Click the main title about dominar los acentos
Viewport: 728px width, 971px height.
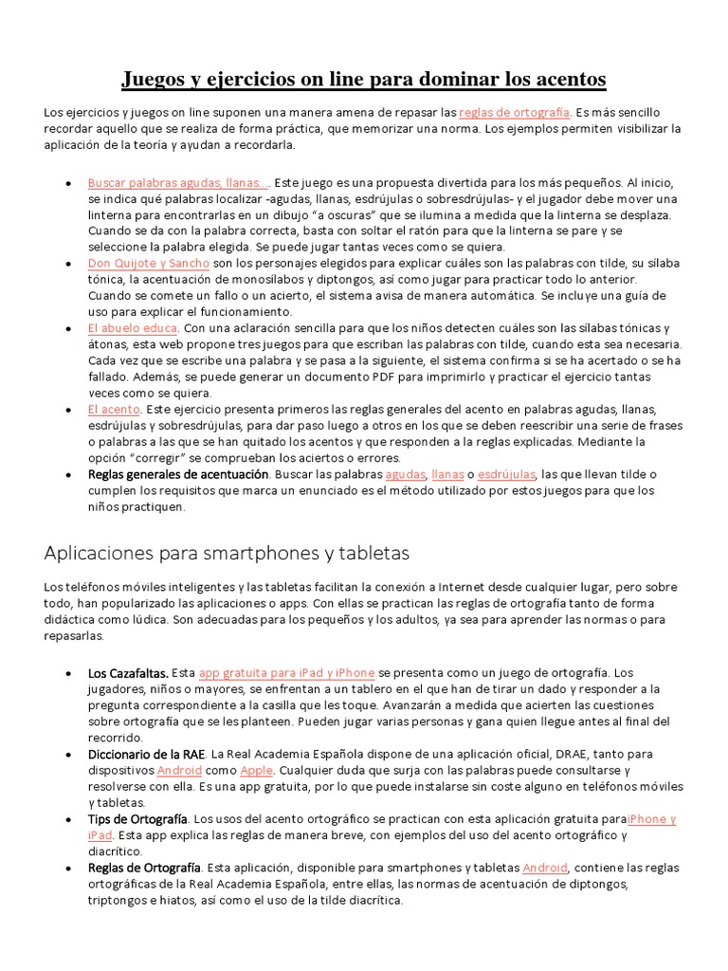[x=363, y=78]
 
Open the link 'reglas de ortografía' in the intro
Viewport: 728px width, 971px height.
[x=514, y=112]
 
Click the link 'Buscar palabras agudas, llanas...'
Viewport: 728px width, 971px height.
[x=177, y=182]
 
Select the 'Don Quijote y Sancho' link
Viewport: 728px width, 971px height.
[x=149, y=263]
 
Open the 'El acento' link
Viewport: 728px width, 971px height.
[x=114, y=409]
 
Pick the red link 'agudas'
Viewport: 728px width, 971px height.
[x=406, y=474]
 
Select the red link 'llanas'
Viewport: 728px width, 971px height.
[x=446, y=474]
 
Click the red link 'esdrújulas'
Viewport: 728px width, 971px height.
[x=507, y=474]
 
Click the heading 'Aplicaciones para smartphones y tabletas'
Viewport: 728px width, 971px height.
[x=227, y=552]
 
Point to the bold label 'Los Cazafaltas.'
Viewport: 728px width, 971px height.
[x=128, y=672]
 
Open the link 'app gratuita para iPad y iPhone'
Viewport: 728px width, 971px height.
[x=286, y=672]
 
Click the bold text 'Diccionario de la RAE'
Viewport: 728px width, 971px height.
[x=147, y=754]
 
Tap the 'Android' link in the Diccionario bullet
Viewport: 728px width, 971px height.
[x=179, y=770]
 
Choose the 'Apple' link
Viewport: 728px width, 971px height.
[x=256, y=770]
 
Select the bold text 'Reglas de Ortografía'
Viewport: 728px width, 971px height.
[x=144, y=867]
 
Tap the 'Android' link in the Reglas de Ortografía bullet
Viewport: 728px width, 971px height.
[x=545, y=867]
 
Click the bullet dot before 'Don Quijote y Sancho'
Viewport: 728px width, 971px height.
[x=68, y=264]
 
